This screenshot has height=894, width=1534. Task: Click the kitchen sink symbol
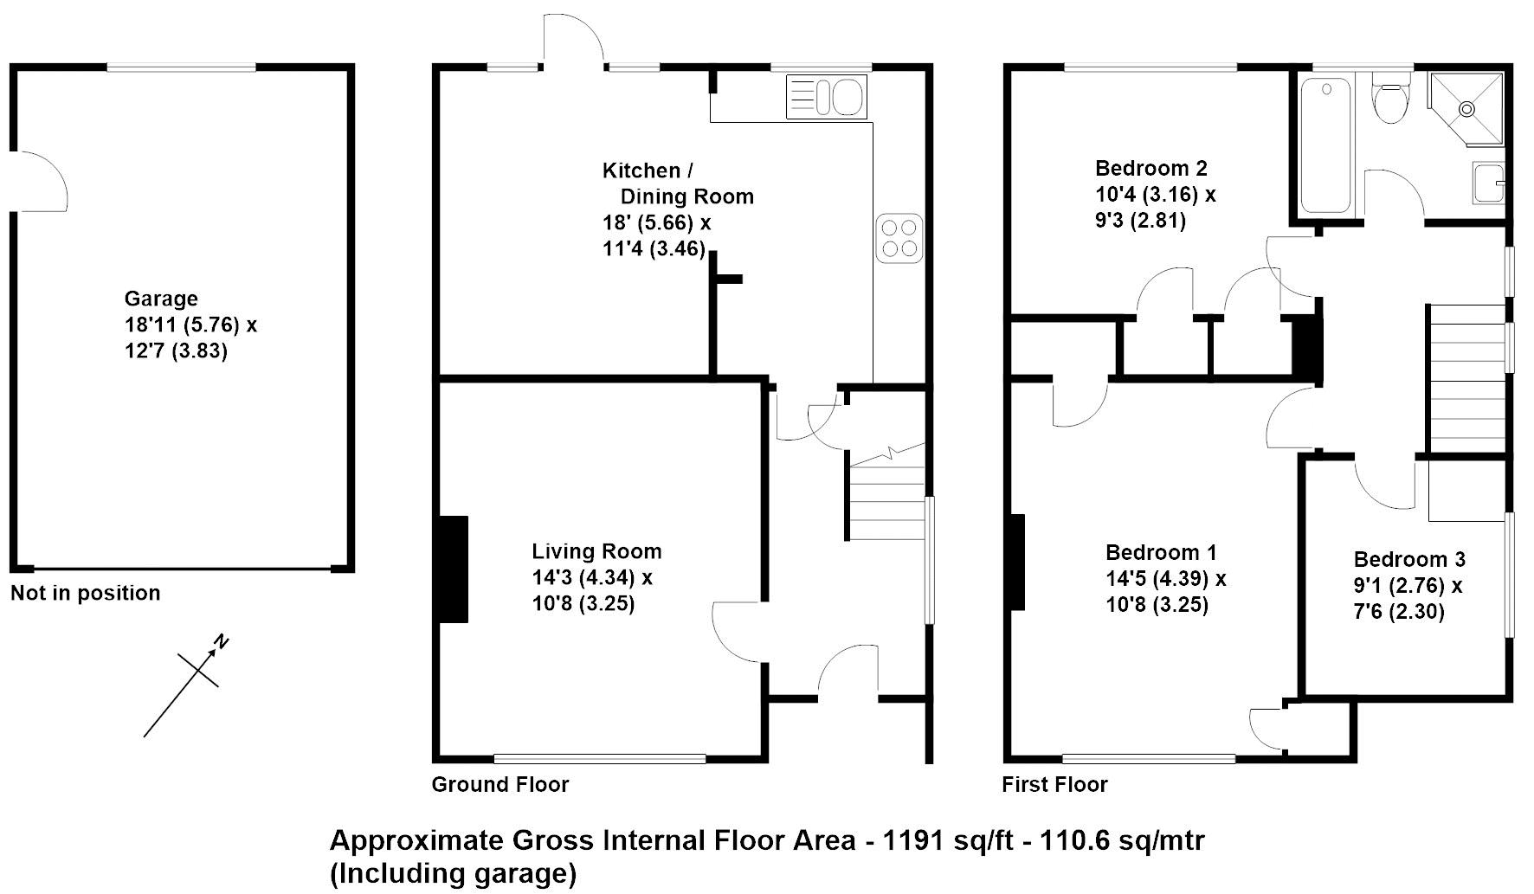tap(826, 97)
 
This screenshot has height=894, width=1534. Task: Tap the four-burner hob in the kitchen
tap(897, 238)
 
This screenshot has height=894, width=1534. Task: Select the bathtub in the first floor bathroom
tap(1325, 146)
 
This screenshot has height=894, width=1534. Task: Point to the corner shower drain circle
tap(1466, 109)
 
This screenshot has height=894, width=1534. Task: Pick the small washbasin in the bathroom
tap(1488, 183)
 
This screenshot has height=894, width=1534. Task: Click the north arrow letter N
tap(222, 642)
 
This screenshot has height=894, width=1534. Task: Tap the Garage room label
tap(161, 299)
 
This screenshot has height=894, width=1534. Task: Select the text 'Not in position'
tap(86, 593)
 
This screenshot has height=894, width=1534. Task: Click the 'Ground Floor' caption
tap(500, 784)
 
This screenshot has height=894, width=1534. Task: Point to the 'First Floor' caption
tap(1054, 784)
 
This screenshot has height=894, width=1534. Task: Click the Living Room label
tap(596, 551)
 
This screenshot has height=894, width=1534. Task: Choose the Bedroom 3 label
tap(1409, 559)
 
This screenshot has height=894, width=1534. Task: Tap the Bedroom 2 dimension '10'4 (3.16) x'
tap(1156, 194)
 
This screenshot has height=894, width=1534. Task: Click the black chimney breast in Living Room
tap(454, 569)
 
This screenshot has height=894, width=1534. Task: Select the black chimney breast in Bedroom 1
tap(1017, 562)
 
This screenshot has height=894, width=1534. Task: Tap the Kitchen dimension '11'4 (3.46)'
tap(654, 249)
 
